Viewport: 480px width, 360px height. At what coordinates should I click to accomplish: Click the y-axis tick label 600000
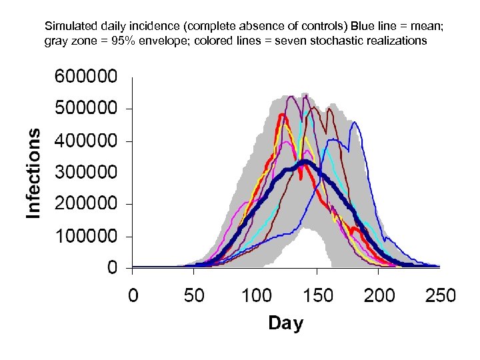89,77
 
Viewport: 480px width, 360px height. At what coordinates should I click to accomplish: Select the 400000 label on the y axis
89,141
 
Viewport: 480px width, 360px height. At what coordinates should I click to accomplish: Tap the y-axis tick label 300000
89,172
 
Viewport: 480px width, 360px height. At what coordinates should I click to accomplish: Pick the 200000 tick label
89,203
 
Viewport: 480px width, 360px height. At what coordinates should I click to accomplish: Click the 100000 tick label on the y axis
89,235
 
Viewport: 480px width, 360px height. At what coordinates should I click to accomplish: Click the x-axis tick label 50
194,295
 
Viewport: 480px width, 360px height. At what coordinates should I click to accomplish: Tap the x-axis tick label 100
256,295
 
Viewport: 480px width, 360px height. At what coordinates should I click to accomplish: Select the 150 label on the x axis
317,295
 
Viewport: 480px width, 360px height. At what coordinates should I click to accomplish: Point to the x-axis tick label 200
379,295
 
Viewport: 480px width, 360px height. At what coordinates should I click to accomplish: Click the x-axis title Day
285,323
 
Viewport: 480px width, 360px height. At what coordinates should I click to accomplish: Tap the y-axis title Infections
33,173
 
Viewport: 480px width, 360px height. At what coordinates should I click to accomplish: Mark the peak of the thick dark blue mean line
305,162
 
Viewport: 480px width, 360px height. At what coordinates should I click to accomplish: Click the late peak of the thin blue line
355,123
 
